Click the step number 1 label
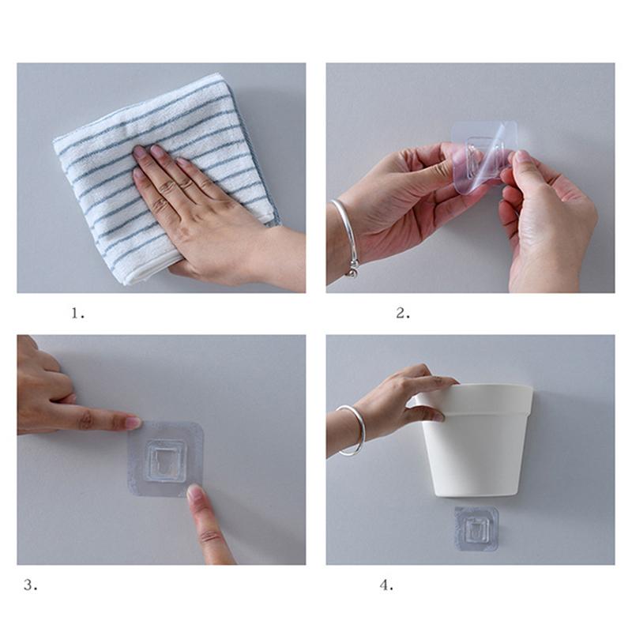(77, 313)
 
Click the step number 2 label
(403, 313)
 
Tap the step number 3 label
(30, 585)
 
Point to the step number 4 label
(386, 585)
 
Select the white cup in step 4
(477, 439)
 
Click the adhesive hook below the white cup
(476, 528)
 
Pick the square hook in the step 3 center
(165, 460)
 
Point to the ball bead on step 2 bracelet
(352, 273)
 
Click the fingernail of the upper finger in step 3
(133, 423)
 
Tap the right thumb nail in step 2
(523, 156)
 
